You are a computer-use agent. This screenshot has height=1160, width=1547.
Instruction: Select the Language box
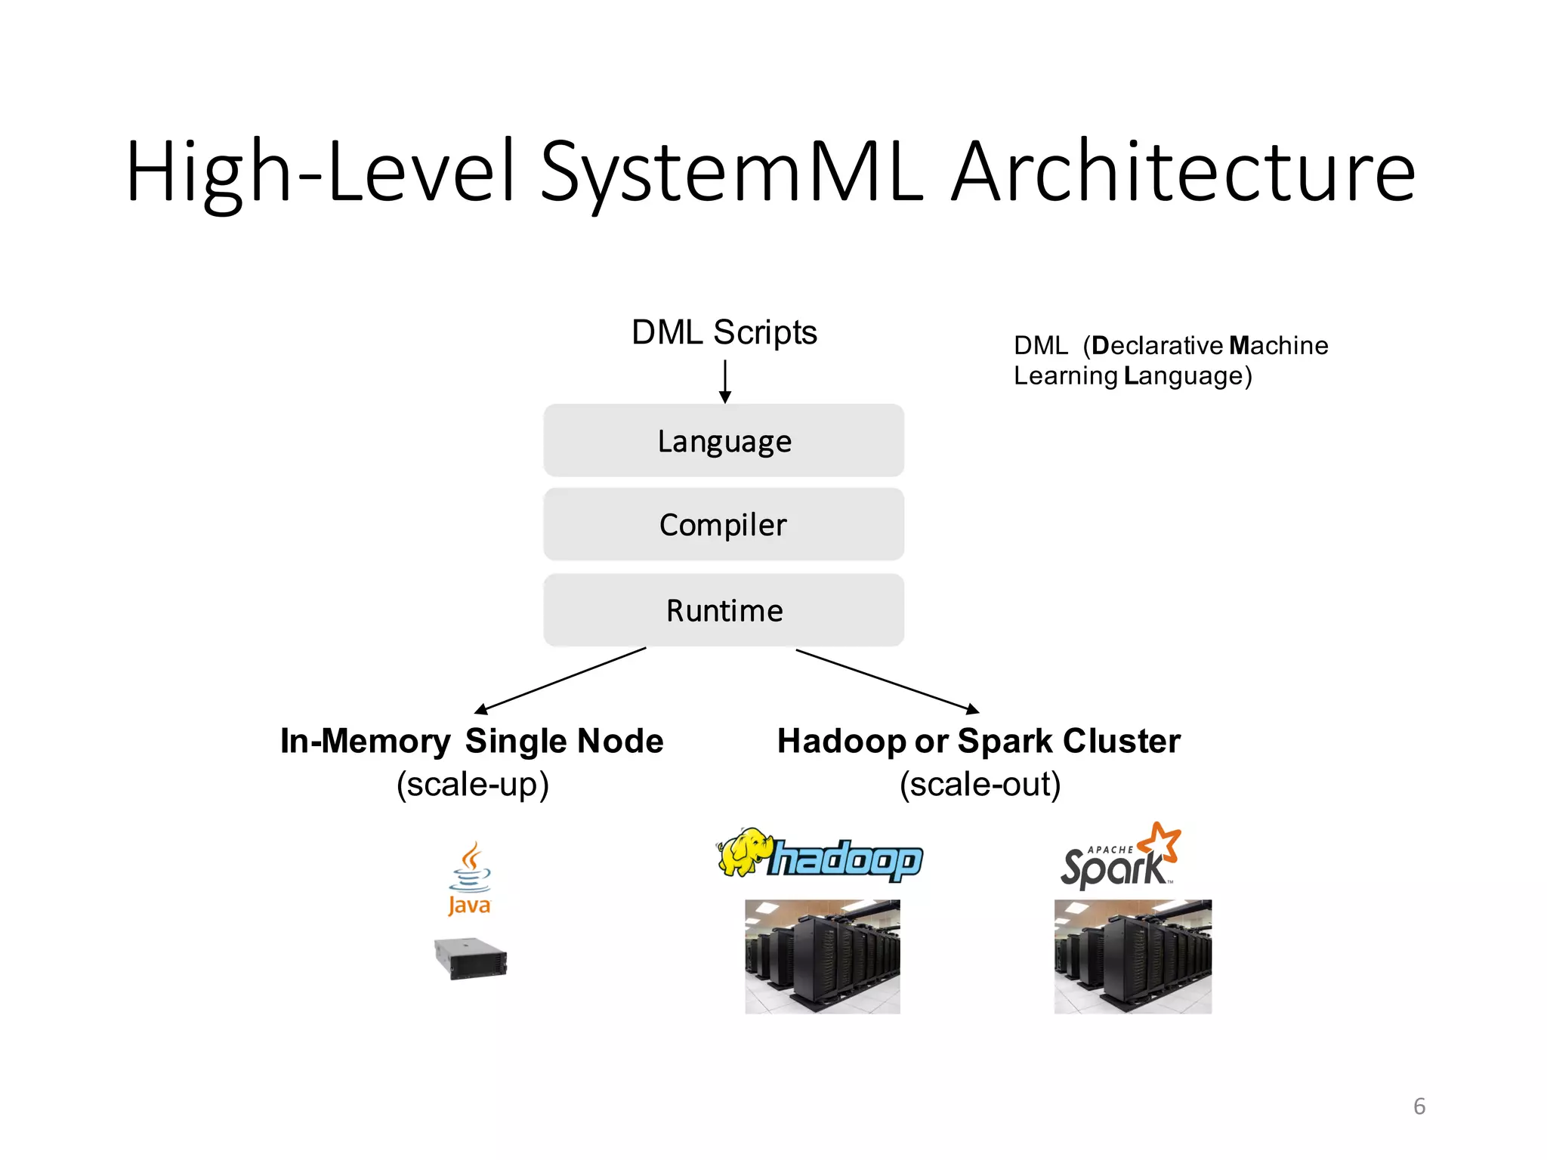[724, 440]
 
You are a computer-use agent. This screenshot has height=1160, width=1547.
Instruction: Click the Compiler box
[724, 524]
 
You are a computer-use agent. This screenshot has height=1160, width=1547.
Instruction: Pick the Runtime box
[724, 610]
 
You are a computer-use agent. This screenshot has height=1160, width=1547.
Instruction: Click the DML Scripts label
[724, 332]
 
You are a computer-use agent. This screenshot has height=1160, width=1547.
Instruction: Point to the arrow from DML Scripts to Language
[725, 381]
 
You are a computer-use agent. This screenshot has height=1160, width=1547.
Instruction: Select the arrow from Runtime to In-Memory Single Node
[560, 680]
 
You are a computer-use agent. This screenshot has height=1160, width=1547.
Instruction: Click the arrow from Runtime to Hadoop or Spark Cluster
[888, 680]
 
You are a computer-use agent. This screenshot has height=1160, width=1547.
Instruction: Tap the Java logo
[469, 879]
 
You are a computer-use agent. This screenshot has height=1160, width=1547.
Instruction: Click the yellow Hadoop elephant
[745, 852]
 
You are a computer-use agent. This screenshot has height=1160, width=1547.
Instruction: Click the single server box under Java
[471, 958]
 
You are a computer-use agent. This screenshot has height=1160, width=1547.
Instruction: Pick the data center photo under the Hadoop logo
[823, 956]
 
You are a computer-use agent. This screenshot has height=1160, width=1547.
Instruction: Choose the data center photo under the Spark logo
[1132, 956]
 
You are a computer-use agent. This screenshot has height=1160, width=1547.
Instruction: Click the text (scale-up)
[473, 784]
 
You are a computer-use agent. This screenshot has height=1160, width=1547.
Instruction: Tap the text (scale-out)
[980, 784]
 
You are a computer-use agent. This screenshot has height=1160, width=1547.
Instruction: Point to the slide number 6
[1419, 1106]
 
